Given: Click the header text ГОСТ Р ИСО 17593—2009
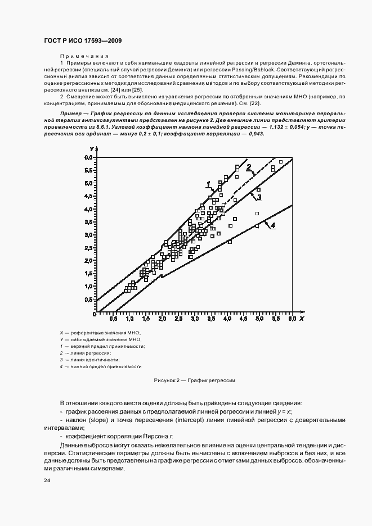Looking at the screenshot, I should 83,41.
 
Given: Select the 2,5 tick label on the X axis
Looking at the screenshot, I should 178,319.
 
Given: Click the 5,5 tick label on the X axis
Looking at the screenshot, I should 276,319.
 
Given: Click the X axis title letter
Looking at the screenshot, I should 302,319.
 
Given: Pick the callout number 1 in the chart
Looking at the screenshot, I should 208,184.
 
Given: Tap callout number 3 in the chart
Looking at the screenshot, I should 258,197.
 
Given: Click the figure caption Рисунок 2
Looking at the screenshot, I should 194,380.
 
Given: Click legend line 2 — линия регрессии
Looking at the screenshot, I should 84,353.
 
